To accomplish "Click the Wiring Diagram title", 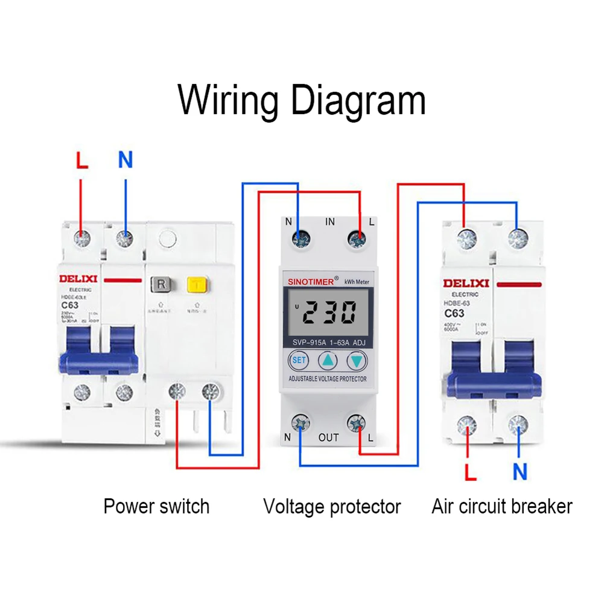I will (302, 100).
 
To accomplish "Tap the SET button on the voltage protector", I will (299, 361).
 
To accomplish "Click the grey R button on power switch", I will (161, 284).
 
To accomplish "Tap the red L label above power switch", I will (82, 161).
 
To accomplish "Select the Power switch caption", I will (156, 506).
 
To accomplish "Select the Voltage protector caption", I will (332, 506).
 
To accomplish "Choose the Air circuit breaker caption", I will (501, 506).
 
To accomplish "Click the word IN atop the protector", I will (330, 222).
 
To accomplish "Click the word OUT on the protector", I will (329, 437).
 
